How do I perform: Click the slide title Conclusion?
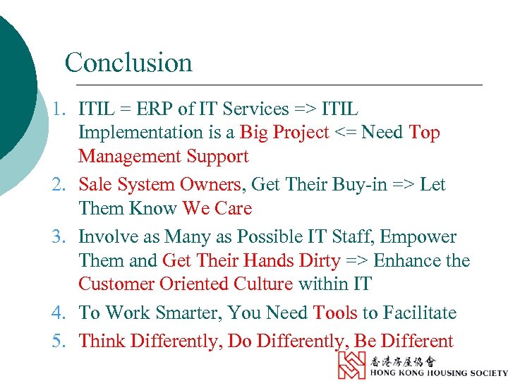pos(128,63)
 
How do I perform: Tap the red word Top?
pos(424,133)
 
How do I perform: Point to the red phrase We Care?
pos(217,209)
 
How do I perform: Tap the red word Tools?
pos(335,313)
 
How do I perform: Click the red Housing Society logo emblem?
pos(351,365)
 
